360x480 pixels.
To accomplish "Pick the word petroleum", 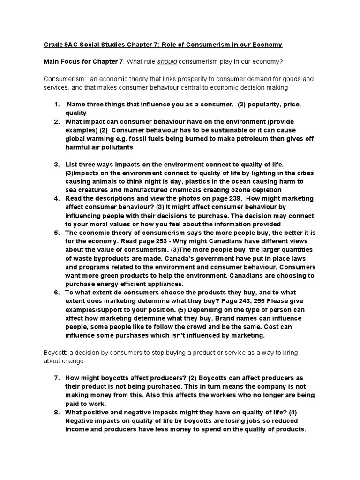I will tap(244, 139).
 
